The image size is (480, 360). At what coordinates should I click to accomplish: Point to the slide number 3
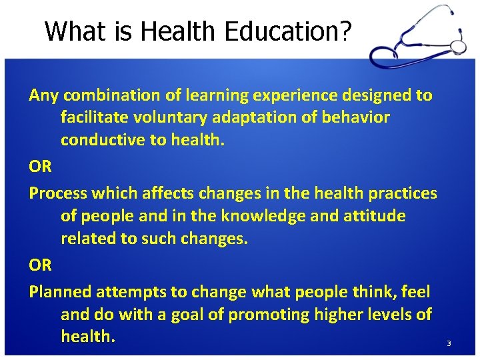coord(449,343)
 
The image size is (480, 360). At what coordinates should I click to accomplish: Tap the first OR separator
coord(40,166)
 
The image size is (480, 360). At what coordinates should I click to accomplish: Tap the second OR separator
coord(40,265)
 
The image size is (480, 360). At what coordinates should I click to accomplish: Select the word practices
coord(402,193)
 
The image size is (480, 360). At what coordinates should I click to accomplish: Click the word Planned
coord(60,291)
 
